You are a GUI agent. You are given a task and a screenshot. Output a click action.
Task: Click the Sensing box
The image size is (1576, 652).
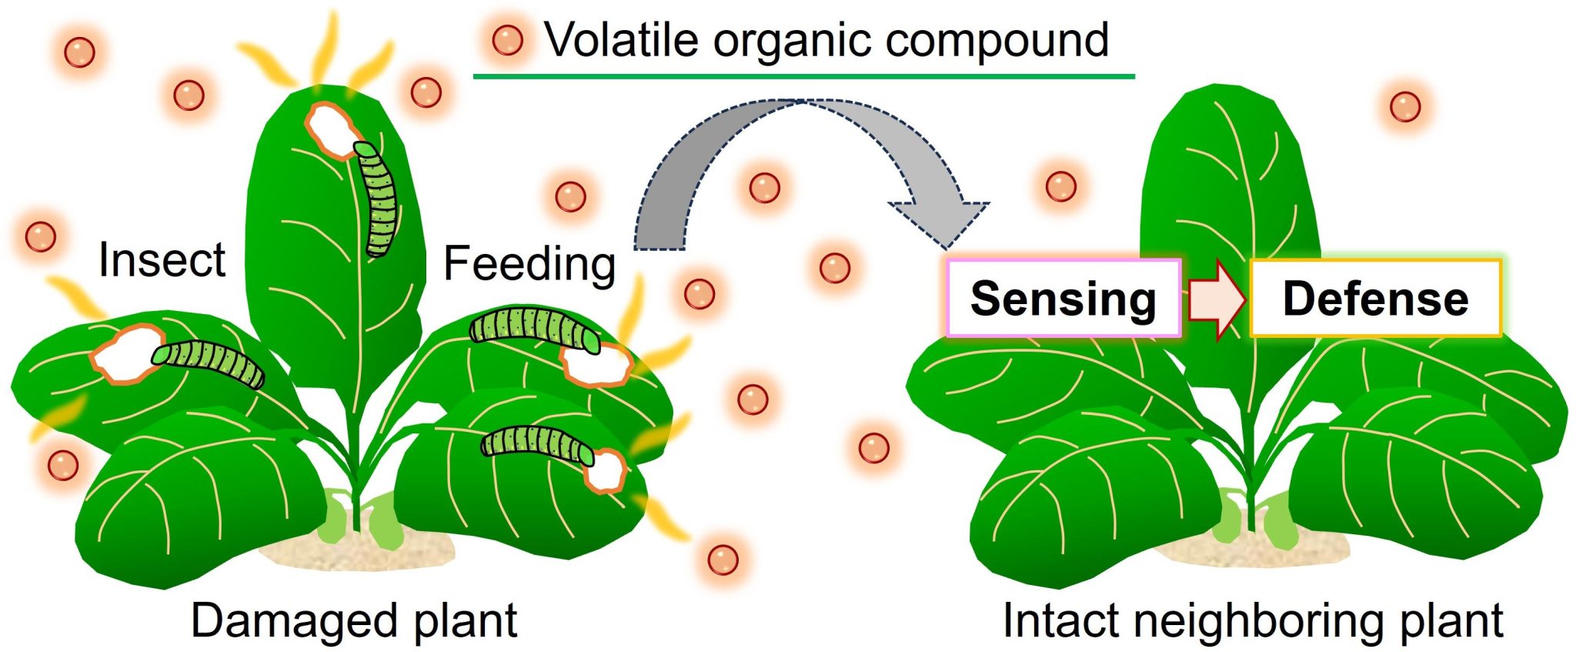1063,299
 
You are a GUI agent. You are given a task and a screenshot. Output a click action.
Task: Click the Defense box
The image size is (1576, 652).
1375,299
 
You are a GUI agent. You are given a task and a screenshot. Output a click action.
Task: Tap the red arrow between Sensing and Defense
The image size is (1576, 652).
1216,299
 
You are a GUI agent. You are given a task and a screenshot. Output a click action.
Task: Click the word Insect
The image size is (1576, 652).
162,260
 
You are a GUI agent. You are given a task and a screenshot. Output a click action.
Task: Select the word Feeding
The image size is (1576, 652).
529,264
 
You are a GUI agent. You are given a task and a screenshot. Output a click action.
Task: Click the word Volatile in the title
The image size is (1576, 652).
620,40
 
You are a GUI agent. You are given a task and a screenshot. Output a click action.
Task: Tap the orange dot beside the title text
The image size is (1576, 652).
507,39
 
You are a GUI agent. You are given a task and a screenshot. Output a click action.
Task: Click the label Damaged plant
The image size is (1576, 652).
354,620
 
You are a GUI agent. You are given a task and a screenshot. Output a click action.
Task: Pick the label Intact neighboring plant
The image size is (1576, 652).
1252,620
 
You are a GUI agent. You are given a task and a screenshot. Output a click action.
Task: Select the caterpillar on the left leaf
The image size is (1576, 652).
208,363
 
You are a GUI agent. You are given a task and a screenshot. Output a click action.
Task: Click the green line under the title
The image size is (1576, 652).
803,76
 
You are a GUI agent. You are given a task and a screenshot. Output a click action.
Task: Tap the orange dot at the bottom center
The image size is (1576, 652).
723,560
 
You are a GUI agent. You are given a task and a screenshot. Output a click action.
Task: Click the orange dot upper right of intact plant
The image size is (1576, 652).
1405,106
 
